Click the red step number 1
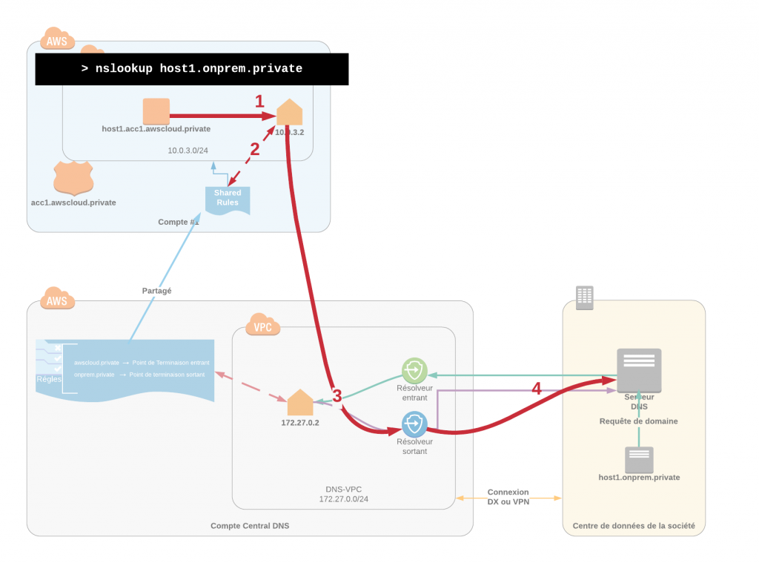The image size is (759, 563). point(259,102)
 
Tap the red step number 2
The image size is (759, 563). point(254,148)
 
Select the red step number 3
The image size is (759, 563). point(337,395)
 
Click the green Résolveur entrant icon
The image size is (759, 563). point(414,370)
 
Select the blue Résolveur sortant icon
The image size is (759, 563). point(414,424)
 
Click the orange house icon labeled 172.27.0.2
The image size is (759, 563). point(300,403)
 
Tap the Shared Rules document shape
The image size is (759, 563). point(228,199)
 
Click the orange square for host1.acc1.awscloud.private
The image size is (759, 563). point(156,111)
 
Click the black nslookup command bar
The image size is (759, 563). point(192,69)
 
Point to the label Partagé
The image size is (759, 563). point(156,291)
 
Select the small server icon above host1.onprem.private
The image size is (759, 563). point(639,460)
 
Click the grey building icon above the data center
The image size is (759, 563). point(585,297)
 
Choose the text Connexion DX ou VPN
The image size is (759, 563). point(508,497)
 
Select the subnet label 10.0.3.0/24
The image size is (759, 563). point(188,150)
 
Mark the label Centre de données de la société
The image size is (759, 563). point(634,526)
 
